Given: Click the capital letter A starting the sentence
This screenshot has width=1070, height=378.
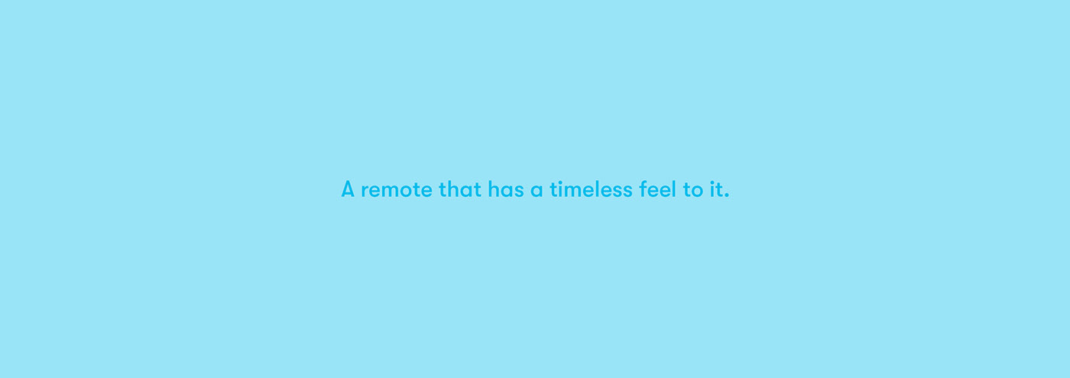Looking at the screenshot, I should pyautogui.click(x=348, y=189).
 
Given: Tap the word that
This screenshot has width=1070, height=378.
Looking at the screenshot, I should pyautogui.click(x=460, y=189).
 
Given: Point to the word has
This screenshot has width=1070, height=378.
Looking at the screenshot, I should pyautogui.click(x=506, y=189).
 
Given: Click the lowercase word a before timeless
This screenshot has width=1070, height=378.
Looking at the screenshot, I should pyautogui.click(x=537, y=191).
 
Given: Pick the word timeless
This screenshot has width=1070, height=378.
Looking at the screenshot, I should pyautogui.click(x=591, y=189).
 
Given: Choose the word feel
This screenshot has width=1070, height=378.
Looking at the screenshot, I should pyautogui.click(x=657, y=189).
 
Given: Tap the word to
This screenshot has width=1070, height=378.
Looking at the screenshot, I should pyautogui.click(x=692, y=190).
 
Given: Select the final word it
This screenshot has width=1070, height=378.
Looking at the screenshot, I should pyautogui.click(x=716, y=189).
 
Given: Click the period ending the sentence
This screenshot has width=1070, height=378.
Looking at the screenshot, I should pyautogui.click(x=727, y=196).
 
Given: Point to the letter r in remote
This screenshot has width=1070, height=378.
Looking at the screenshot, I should pyautogui.click(x=365, y=192).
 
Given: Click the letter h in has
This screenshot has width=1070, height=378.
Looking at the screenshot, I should pyautogui.click(x=493, y=189).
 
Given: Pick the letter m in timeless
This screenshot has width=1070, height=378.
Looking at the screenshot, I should pyautogui.click(x=572, y=192).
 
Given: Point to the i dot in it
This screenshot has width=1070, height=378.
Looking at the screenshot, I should pyautogui.click(x=712, y=182).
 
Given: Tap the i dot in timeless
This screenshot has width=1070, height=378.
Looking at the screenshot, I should pyautogui.click(x=560, y=182).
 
